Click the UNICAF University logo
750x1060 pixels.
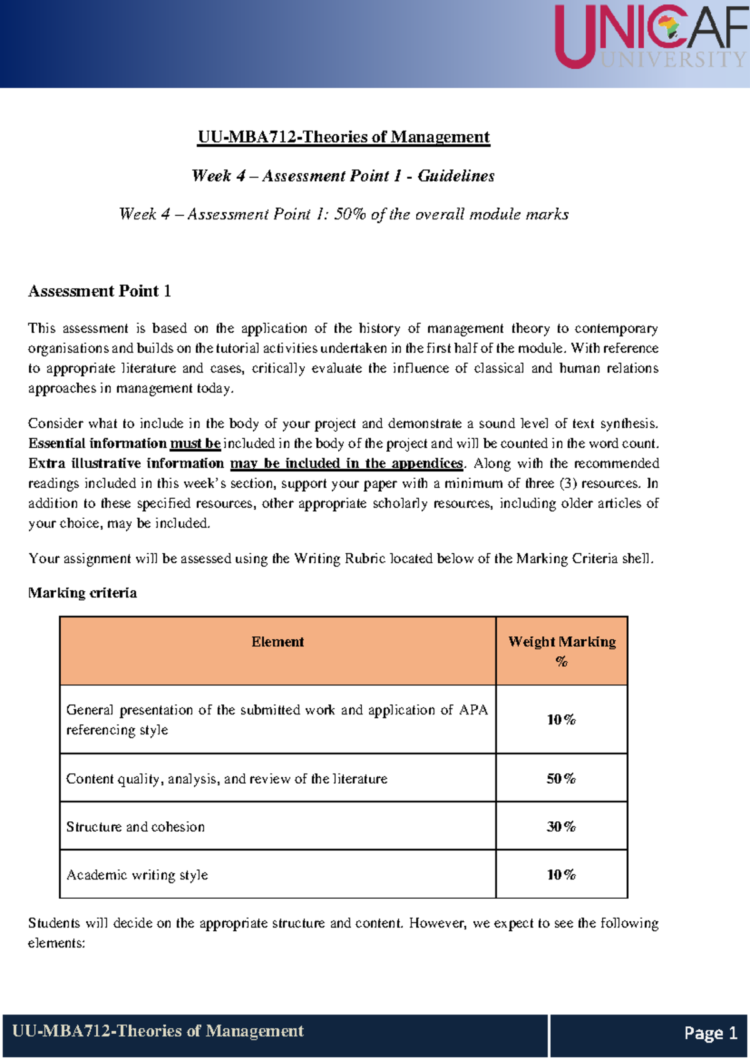[651, 36]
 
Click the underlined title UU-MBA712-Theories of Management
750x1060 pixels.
[343, 137]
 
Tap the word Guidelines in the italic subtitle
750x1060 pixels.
[456, 176]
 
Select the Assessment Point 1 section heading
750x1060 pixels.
[99, 291]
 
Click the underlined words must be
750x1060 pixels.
[195, 443]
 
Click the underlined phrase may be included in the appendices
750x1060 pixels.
[346, 463]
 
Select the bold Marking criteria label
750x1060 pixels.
[82, 592]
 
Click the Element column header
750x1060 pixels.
[277, 642]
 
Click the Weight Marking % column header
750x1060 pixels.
[561, 651]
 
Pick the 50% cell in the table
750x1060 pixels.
[561, 779]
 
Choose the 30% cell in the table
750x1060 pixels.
[561, 827]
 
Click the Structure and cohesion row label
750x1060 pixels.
[136, 827]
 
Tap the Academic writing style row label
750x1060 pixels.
[137, 875]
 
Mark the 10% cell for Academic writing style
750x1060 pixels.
[561, 875]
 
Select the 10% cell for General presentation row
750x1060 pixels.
[561, 720]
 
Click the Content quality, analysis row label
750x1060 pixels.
[226, 779]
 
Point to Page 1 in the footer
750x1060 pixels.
[711, 1033]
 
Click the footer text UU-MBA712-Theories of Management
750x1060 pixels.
[158, 1031]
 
